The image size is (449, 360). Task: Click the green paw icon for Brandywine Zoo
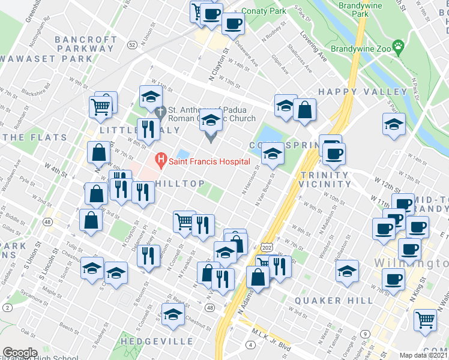(397, 46)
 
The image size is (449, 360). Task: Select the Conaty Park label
(264, 11)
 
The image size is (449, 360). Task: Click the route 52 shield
(132, 44)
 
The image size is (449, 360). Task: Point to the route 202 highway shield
(267, 247)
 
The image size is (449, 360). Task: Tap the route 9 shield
(364, 334)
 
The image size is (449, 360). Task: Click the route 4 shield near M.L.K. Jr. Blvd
(250, 344)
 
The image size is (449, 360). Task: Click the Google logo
(20, 352)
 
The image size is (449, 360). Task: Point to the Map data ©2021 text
(424, 355)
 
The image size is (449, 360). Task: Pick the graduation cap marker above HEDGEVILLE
(173, 315)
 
